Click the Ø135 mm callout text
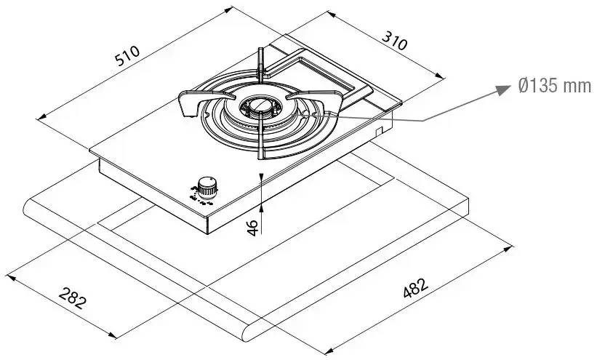(554, 86)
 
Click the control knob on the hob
(208, 188)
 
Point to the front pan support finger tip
(259, 155)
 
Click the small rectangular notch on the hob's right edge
(379, 130)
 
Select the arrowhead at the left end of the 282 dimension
(9, 275)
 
